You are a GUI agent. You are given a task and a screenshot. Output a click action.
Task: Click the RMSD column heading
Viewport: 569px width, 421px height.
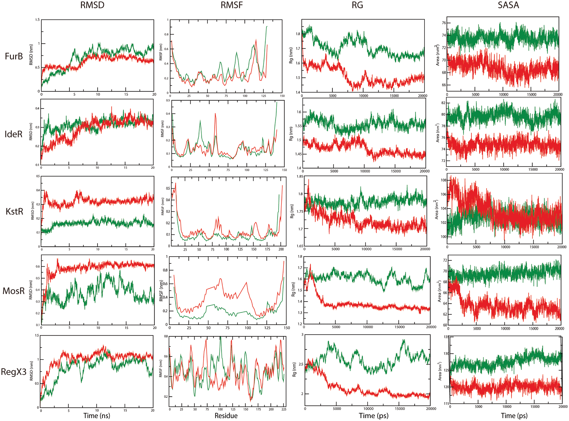(92, 5)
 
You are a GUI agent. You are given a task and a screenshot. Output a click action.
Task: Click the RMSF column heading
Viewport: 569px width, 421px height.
(232, 5)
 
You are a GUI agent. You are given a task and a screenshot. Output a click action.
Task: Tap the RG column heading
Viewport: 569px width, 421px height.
(357, 5)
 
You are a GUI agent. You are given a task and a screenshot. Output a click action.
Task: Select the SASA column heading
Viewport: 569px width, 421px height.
(508, 5)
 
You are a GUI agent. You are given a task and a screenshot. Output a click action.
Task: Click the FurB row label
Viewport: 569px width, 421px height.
(14, 56)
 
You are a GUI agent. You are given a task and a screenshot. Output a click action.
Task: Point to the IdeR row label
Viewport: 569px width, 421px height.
(13, 134)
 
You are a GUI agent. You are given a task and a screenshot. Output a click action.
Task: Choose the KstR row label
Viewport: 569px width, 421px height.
(14, 211)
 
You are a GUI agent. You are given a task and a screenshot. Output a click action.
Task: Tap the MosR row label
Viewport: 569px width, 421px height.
(14, 291)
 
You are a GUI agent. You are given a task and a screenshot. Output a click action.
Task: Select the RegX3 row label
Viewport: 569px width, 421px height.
(14, 372)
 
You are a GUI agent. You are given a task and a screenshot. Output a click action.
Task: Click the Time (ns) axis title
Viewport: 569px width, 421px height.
(96, 416)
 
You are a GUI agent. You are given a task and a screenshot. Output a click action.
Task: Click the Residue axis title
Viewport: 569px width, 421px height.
(226, 416)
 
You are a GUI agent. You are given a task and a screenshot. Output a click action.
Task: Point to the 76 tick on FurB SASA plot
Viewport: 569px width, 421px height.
(444, 23)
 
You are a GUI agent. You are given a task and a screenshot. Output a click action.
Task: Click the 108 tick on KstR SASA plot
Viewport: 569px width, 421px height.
(443, 180)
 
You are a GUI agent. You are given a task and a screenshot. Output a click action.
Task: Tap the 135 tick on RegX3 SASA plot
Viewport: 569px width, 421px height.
(446, 337)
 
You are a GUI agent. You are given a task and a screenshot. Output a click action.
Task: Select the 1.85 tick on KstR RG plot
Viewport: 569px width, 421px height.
(300, 176)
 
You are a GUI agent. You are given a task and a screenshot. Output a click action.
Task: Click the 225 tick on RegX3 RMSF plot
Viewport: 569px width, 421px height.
(284, 409)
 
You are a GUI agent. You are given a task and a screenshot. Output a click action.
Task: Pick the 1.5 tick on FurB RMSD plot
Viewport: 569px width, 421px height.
(37, 20)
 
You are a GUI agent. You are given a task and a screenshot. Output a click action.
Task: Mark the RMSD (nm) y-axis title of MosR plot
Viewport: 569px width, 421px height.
(31, 290)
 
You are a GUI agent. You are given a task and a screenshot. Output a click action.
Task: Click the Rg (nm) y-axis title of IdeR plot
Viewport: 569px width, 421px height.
(291, 134)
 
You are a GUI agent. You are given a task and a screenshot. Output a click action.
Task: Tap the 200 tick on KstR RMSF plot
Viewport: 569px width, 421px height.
(281, 249)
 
